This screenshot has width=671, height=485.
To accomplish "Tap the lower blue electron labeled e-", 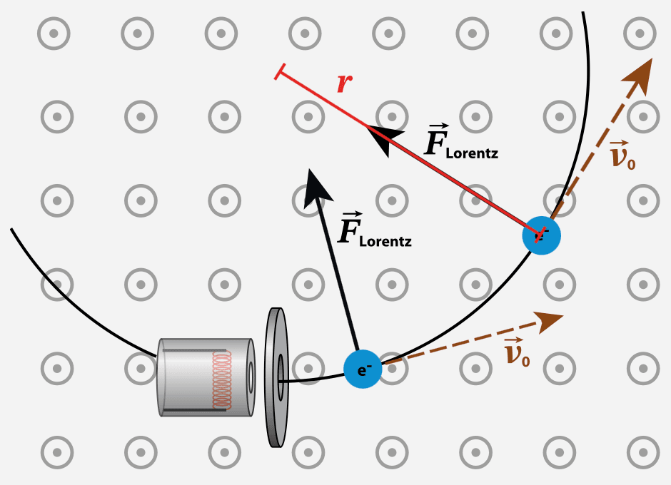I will click(x=363, y=369).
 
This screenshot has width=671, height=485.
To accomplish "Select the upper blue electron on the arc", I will click(x=541, y=235).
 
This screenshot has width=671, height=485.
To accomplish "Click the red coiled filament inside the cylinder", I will click(x=222, y=378).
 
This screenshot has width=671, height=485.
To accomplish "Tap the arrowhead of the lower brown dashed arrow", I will click(x=550, y=322).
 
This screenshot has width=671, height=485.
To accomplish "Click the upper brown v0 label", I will click(x=622, y=155).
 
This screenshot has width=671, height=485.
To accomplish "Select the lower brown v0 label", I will click(x=517, y=353).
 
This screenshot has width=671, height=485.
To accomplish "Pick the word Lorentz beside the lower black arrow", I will click(x=385, y=241).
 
